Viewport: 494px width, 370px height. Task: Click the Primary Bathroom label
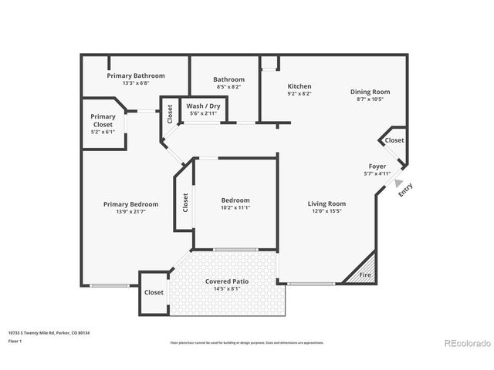tap(136, 76)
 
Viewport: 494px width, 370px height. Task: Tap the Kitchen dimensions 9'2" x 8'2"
tap(299, 93)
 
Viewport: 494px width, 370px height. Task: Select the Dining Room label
tap(370, 91)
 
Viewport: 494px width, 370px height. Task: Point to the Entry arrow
tap(398, 183)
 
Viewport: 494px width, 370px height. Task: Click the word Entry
tap(406, 190)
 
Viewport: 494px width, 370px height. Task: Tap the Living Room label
tap(327, 203)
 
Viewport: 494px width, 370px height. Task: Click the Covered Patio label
tap(226, 281)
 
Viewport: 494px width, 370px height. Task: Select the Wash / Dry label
tap(203, 106)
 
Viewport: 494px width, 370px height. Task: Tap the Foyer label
tap(377, 166)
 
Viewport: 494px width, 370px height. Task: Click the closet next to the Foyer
tap(394, 140)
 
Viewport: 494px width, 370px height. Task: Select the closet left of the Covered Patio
tap(154, 292)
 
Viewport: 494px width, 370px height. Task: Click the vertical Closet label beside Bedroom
tap(185, 203)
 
